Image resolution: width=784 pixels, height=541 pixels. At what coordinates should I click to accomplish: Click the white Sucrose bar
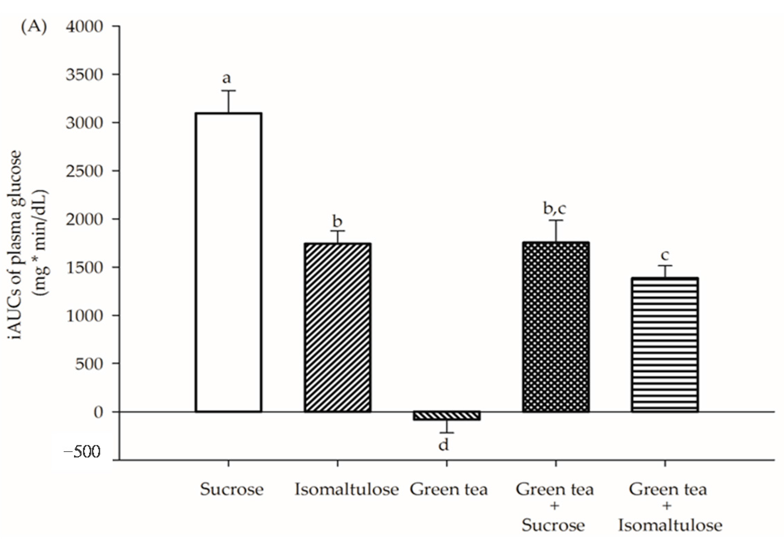229,262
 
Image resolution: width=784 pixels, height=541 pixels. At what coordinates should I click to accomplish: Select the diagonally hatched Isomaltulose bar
338,327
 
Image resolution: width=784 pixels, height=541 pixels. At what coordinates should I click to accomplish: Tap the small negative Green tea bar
447,415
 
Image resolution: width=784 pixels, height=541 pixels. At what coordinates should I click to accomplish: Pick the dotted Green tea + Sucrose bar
556,327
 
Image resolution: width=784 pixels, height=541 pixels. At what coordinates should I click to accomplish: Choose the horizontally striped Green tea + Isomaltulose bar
665,344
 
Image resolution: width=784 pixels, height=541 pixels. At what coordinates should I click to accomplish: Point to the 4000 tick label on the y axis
84,26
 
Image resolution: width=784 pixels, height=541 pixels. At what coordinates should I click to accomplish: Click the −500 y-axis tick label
83,451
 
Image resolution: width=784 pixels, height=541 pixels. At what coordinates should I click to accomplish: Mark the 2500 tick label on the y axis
84,171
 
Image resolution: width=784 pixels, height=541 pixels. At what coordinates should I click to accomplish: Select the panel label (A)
34,27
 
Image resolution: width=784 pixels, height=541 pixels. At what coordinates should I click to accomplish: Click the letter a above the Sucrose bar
226,78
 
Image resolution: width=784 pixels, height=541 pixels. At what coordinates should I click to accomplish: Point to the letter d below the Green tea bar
444,445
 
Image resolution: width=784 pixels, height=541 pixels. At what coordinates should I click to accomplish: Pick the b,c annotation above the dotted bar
554,209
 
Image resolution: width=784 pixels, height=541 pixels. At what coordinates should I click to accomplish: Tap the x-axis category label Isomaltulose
347,489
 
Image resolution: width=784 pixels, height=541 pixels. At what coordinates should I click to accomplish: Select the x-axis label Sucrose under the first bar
232,489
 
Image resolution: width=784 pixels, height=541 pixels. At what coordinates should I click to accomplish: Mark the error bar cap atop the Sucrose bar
228,91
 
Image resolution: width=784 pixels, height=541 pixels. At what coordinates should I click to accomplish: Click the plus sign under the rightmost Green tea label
667,506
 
